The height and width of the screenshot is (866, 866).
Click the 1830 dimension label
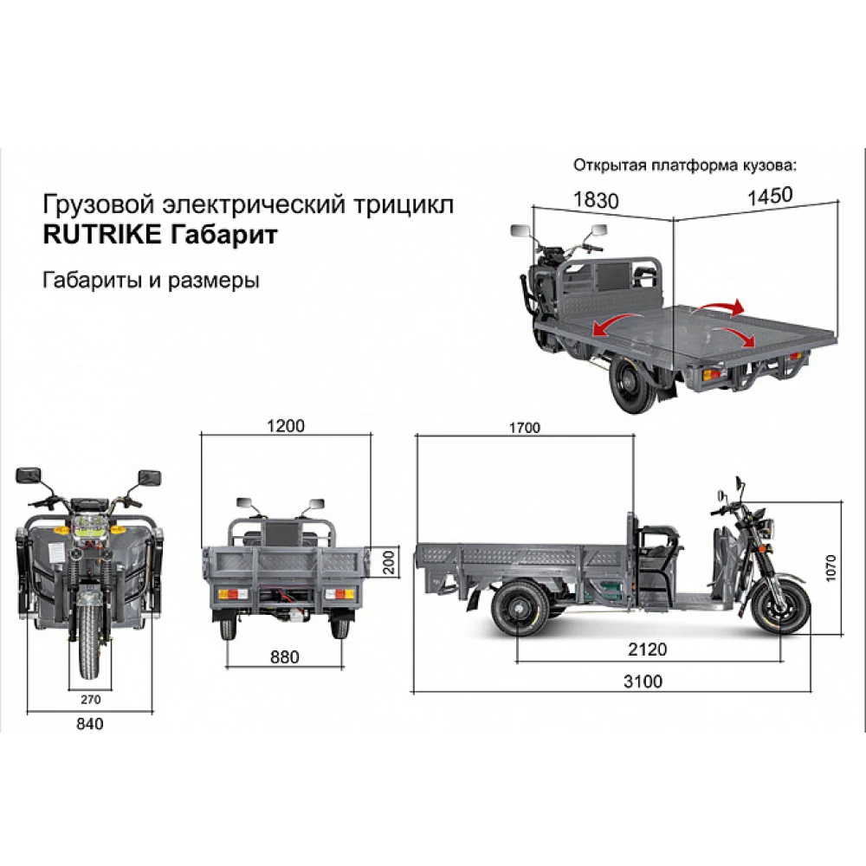tap(596, 200)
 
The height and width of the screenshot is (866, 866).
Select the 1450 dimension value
tap(770, 195)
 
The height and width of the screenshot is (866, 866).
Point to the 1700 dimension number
tap(525, 427)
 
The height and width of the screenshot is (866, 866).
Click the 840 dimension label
tap(89, 724)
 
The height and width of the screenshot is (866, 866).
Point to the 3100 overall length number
tap(643, 682)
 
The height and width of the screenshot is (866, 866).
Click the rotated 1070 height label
tap(831, 567)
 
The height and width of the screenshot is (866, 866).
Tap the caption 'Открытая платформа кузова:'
tap(683, 165)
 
